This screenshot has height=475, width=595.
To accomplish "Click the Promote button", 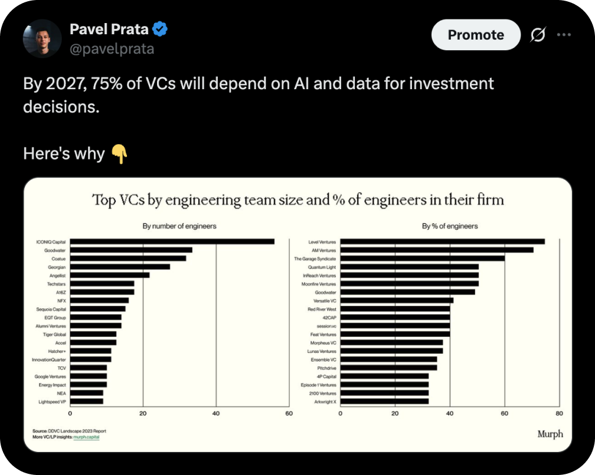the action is click(476, 34).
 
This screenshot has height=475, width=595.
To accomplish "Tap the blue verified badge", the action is click(160, 29).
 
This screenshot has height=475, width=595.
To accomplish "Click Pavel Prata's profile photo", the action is click(42, 38).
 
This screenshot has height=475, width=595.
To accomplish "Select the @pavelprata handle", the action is click(112, 49).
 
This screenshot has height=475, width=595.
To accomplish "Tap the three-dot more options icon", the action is click(564, 34).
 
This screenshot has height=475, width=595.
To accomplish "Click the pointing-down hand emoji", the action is click(119, 154).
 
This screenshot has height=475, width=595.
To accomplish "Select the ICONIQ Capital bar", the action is click(172, 242).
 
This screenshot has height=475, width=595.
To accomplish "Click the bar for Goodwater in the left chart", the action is click(131, 250).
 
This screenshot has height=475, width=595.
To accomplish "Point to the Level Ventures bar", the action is click(443, 242).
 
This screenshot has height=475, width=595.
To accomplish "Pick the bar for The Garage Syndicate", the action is click(423, 258).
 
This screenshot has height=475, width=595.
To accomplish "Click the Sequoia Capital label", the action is click(51, 309).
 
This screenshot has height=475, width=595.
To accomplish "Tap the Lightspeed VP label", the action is click(52, 402).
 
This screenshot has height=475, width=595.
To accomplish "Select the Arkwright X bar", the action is click(384, 401).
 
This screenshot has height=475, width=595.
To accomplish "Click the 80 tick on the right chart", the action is click(560, 414).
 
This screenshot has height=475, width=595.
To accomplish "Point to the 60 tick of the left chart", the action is click(289, 414).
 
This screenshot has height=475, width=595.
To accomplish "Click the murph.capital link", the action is click(86, 437).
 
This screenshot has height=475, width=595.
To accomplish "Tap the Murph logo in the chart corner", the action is click(550, 434).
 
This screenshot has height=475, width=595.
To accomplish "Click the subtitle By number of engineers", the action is click(179, 226).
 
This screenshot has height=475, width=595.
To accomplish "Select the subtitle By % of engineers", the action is click(450, 226).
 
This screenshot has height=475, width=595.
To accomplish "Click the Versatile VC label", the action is click(325, 301).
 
